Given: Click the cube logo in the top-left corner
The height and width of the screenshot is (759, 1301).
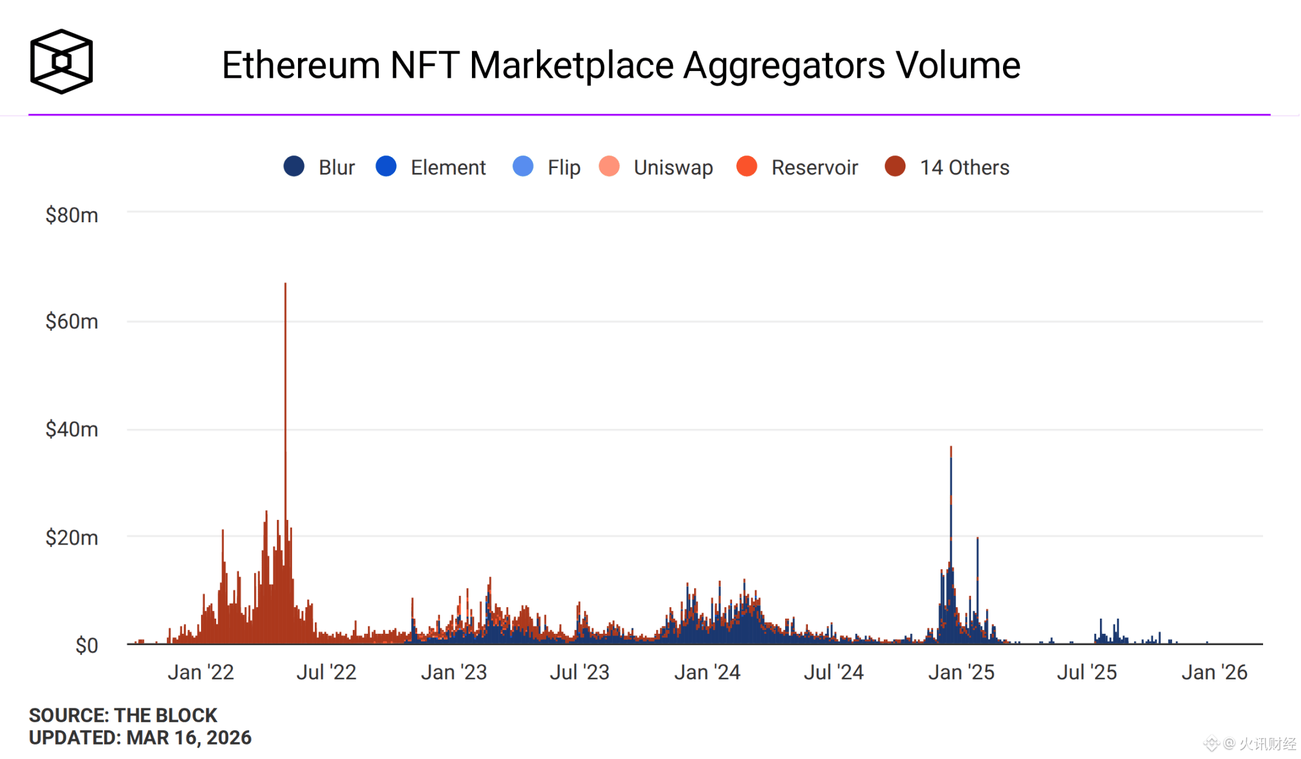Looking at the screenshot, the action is point(61,61).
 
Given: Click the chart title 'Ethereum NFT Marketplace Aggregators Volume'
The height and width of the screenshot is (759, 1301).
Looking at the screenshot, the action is point(621,65).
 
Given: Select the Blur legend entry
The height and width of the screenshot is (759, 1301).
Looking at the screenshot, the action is point(319,167).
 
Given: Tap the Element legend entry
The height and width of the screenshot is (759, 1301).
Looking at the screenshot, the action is point(430,167).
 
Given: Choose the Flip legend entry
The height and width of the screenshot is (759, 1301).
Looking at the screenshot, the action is point(547,167).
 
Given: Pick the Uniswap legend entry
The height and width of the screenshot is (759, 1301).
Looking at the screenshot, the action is point(656,167).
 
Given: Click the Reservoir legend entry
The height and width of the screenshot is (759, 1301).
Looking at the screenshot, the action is point(798,167).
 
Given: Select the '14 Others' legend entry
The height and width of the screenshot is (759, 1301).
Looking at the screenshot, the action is point(947,167).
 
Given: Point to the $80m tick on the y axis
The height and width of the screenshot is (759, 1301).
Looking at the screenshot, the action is point(72,215).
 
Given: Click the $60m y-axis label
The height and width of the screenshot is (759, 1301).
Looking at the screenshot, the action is point(72,322).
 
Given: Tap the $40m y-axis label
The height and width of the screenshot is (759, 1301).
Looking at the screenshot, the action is point(72,429).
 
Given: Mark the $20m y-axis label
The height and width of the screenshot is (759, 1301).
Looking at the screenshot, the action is point(72,537).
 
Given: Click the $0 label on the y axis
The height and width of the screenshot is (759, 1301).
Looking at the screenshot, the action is point(87,645).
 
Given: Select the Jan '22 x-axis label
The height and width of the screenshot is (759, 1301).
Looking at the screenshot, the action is point(200,672).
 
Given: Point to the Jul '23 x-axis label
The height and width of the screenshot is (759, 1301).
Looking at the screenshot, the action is point(580,672).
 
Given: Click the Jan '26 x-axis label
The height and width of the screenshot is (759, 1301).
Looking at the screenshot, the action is point(1214,672).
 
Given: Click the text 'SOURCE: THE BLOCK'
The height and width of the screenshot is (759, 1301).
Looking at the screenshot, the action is point(123,715).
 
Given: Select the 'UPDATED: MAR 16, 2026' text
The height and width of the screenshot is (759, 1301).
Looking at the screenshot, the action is point(140,737).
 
